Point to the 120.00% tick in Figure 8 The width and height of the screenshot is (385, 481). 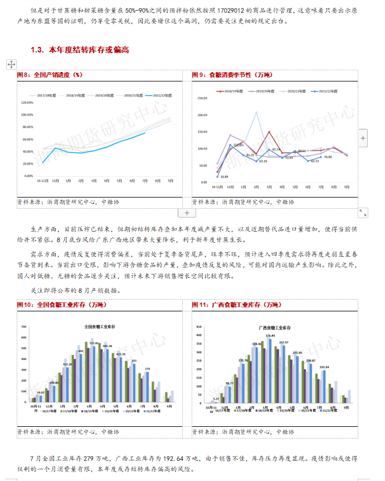click(27, 103)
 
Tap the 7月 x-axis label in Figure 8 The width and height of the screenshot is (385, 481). click(145, 181)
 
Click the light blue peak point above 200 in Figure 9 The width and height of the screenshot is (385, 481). click(256, 113)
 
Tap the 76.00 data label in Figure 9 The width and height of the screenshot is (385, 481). click(328, 157)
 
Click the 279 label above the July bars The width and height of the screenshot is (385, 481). click(147, 369)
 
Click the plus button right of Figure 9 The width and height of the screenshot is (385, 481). click(363, 137)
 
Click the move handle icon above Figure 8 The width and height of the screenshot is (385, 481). click(11, 64)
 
